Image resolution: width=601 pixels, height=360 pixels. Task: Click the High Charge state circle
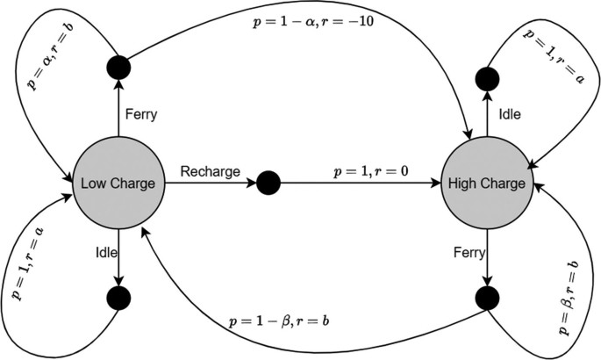click(x=485, y=184)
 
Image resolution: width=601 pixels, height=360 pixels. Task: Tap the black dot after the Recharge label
click(x=268, y=184)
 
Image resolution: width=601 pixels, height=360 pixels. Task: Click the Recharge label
click(x=211, y=171)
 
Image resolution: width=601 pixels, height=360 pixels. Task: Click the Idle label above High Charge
click(x=509, y=116)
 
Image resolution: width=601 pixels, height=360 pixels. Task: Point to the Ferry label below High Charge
click(x=465, y=252)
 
